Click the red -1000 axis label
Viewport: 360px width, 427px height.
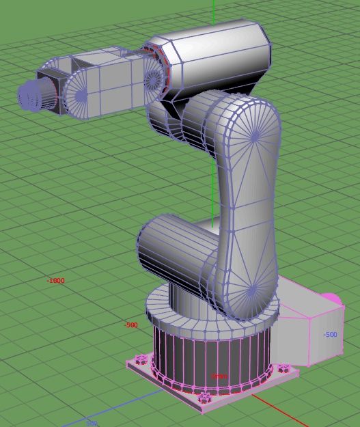(55, 281)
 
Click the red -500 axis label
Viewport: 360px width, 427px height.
(131, 325)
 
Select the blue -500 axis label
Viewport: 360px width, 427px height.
(330, 335)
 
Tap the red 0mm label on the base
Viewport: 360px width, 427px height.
(219, 376)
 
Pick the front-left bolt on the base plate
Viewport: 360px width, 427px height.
(141, 359)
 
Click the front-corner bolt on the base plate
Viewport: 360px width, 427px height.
(204, 398)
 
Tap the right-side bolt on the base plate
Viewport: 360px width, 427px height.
(283, 369)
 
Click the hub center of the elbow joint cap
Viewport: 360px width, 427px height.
(255, 137)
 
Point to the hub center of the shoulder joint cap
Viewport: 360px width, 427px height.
(251, 291)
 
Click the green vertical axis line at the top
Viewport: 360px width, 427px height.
(214, 10)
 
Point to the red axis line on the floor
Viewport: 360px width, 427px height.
(287, 413)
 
